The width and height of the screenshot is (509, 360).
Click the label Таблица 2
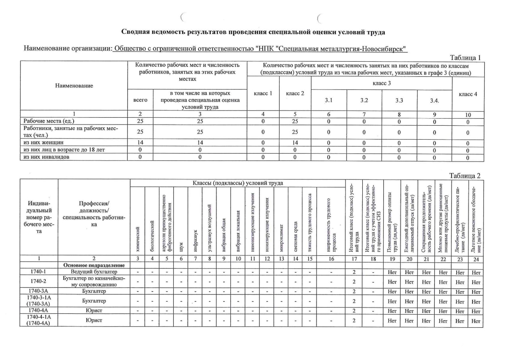coord(465,176)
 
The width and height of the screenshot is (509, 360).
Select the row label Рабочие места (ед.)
coord(49,121)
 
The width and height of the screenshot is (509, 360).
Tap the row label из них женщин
coord(43,142)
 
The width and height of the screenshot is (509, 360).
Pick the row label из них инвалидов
coord(45,157)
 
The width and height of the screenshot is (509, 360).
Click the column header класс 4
coord(468,94)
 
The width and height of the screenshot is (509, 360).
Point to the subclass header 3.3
coord(399,100)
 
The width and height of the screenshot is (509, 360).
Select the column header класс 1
coord(263,93)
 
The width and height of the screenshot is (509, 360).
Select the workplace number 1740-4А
coord(39,310)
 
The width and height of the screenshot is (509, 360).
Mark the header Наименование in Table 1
coord(75,86)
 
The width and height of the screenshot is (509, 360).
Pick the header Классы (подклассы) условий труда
coord(238,183)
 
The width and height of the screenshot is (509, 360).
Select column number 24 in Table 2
coord(476,259)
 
